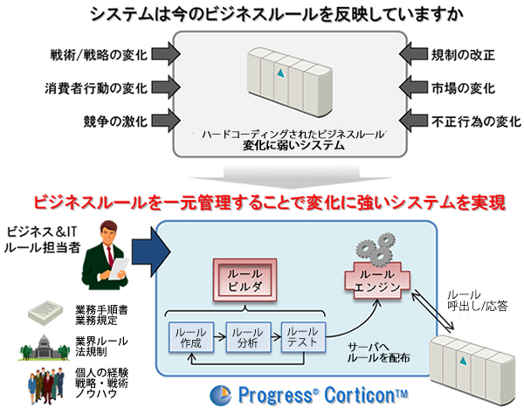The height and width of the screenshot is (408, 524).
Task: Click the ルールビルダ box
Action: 245,280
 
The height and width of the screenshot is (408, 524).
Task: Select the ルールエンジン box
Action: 377,280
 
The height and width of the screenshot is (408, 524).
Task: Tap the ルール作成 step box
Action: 191,337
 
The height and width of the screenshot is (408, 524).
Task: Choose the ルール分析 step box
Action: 248,337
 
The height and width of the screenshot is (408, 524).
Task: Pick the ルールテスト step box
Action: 303,336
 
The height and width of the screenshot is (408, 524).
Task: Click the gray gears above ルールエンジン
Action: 376,249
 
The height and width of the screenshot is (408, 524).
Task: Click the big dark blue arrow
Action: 151,252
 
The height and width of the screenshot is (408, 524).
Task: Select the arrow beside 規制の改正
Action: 413,54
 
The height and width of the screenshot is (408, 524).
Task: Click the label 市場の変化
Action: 463,88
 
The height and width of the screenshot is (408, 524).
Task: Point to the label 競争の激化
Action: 115,121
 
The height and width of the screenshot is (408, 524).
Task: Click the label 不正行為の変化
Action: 476,121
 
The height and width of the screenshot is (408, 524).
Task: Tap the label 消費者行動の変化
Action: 96,88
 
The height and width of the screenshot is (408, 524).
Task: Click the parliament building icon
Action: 45,348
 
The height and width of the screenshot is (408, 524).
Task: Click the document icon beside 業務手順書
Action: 45,313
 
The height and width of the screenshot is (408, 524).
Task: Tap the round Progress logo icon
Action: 220,396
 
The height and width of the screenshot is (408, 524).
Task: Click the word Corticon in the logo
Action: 366,395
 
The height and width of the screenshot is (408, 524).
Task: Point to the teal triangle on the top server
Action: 280,73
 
